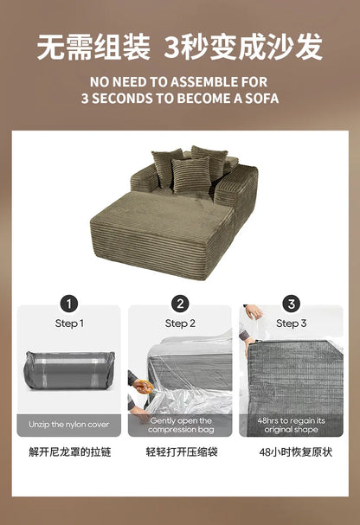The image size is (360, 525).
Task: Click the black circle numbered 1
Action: coord(69,304)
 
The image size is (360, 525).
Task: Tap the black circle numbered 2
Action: coord(180,304)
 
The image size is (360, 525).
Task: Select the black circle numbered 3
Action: coord(292,304)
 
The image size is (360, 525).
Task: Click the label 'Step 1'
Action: coord(69,323)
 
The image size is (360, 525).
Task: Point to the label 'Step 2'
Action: coord(180,323)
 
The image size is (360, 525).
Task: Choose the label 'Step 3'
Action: coord(292,323)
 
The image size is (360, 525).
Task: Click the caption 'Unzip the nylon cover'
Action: coord(69,426)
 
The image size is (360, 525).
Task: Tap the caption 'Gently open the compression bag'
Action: coord(180,425)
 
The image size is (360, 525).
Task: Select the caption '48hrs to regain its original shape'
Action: coord(292,425)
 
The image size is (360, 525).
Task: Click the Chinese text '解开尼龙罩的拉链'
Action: coord(69,452)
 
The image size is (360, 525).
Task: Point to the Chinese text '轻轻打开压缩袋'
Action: coord(180,452)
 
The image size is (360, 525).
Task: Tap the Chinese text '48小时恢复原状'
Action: coord(295,452)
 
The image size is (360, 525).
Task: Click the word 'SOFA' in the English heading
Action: coord(260,99)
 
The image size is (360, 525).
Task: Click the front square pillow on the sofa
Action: coord(190,174)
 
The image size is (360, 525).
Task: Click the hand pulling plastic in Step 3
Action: coord(254,314)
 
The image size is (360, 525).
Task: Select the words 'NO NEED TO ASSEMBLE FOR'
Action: coord(180,83)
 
